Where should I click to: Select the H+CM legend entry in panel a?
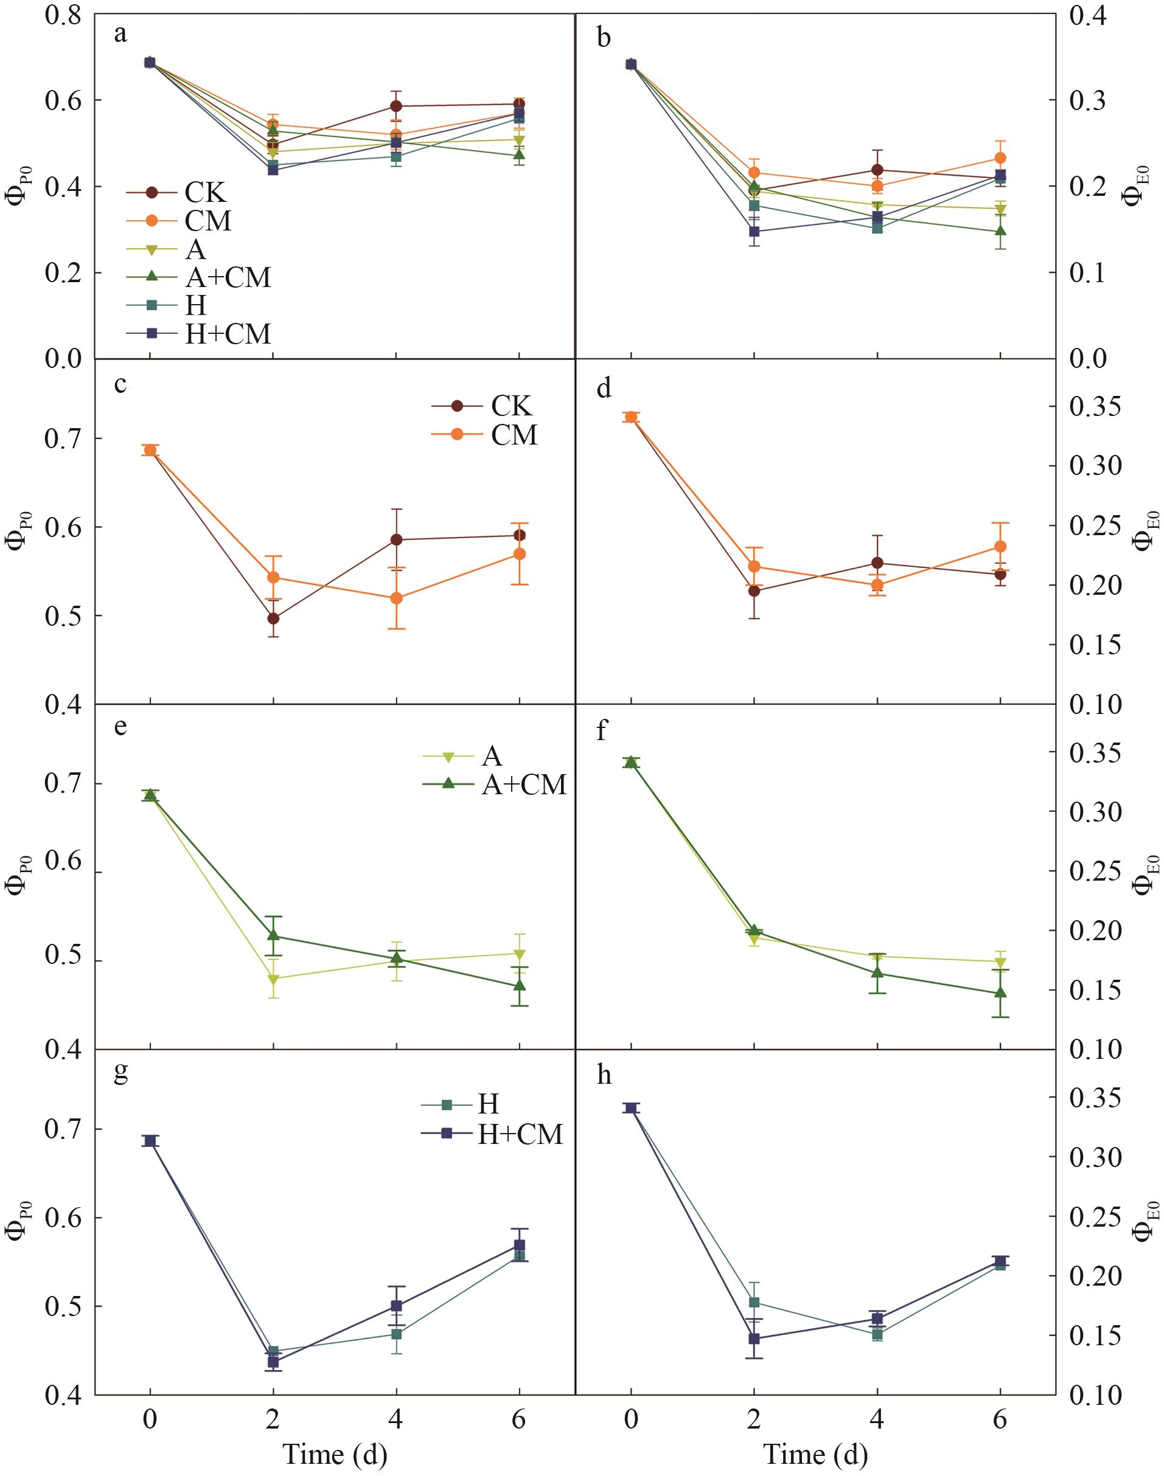tap(228, 334)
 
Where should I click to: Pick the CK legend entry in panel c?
tap(512, 406)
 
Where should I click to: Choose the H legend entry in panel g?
tap(488, 1104)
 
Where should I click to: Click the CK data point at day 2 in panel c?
tap(273, 618)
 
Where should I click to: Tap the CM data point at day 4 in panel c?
tap(396, 598)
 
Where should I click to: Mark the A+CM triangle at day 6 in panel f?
tap(1000, 993)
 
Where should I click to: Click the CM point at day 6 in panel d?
tap(1000, 546)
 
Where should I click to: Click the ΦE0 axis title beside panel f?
tap(1146, 873)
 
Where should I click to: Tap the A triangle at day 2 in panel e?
tap(273, 979)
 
